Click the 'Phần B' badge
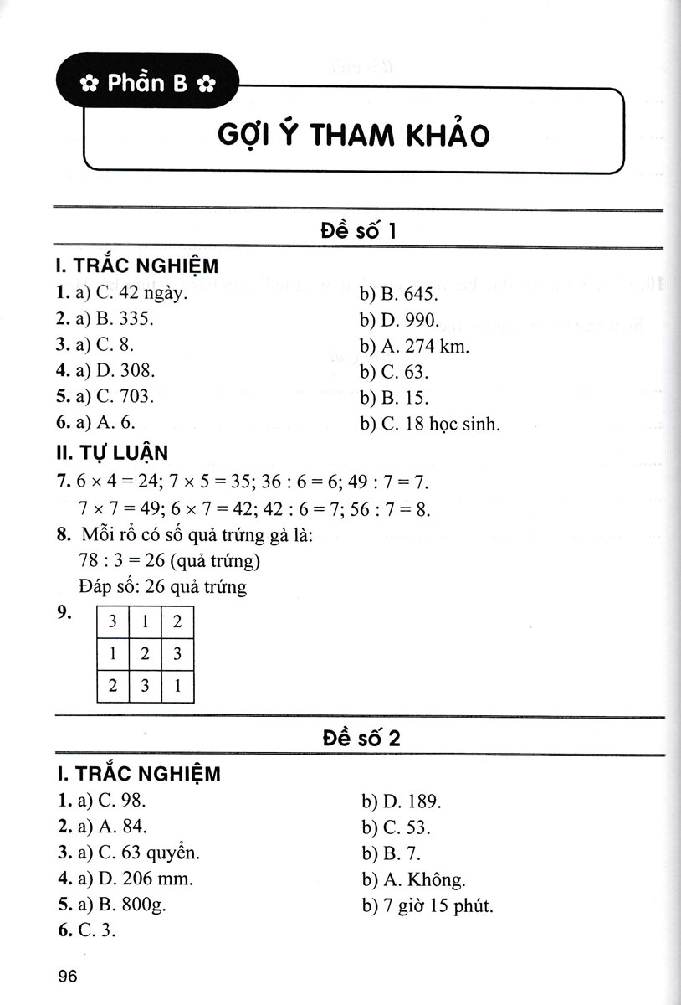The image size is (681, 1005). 146,83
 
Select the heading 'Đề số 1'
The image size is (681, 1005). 358,229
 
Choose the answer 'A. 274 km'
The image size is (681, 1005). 427,346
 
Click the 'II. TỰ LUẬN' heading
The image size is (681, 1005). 110,453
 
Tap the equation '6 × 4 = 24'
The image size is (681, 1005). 115,482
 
